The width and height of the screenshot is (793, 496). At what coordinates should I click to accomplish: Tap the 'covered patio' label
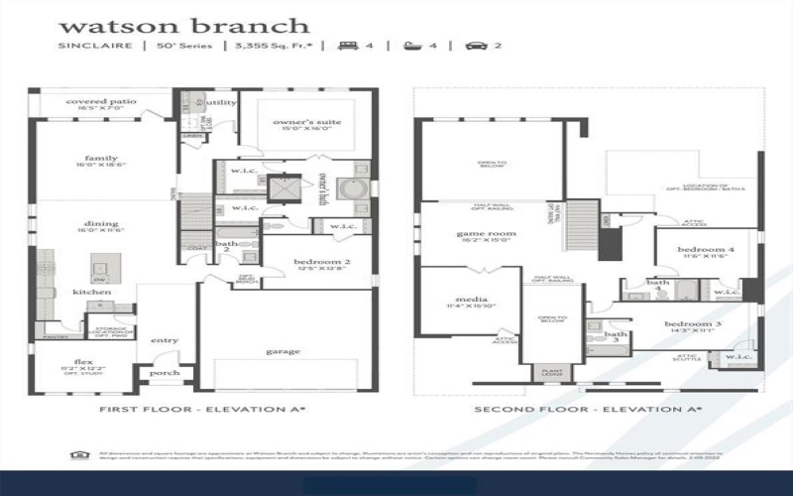coord(101,101)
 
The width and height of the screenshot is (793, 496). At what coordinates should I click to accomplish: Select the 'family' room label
coord(101,158)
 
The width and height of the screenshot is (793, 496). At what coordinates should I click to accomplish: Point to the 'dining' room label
coord(101,223)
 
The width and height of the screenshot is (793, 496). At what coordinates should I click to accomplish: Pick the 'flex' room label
coord(83,362)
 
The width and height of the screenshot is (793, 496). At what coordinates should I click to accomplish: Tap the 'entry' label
coord(165,341)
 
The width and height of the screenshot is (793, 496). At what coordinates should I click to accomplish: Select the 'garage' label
coord(283,351)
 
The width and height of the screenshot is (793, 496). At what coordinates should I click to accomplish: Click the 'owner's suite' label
coord(307,122)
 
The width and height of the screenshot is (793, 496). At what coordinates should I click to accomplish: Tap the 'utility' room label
coord(222,102)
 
